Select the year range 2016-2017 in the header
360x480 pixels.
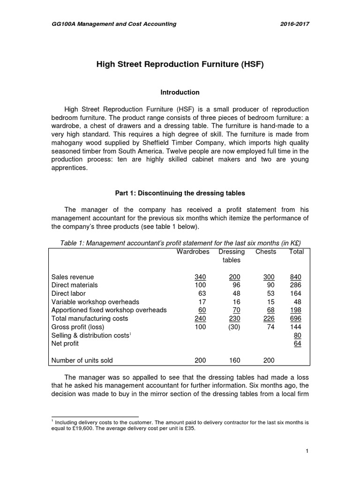tap(294, 24)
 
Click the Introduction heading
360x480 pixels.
tap(180, 92)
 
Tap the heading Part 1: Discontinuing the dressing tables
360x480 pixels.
tap(180, 193)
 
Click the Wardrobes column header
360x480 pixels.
tap(193, 252)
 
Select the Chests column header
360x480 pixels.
tap(266, 252)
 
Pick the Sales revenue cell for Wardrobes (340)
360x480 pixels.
tap(200, 277)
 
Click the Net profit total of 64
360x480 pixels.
tap(298, 344)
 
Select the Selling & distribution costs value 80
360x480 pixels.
tap(298, 335)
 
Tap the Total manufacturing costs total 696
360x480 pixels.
tap(296, 318)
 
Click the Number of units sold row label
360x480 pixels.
tap(82, 360)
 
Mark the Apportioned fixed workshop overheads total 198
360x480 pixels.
tap(296, 310)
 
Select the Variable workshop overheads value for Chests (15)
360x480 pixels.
tap(270, 302)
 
